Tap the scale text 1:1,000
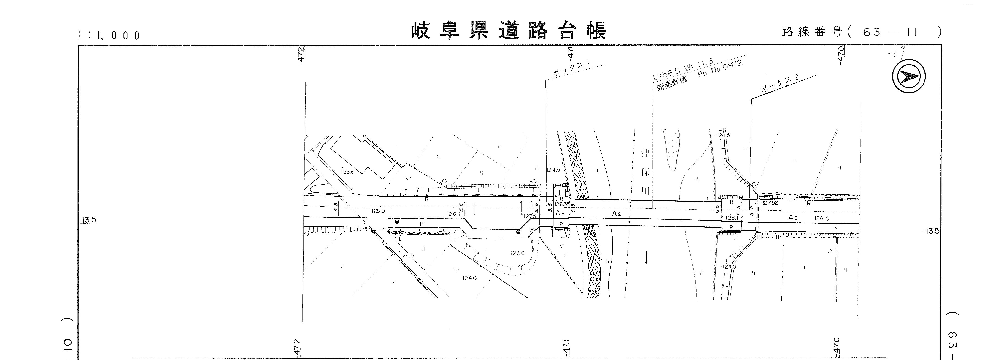point(109,35)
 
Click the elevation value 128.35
point(562,205)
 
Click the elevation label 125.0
point(378,211)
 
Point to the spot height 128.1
point(731,218)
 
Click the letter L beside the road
point(400,239)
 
